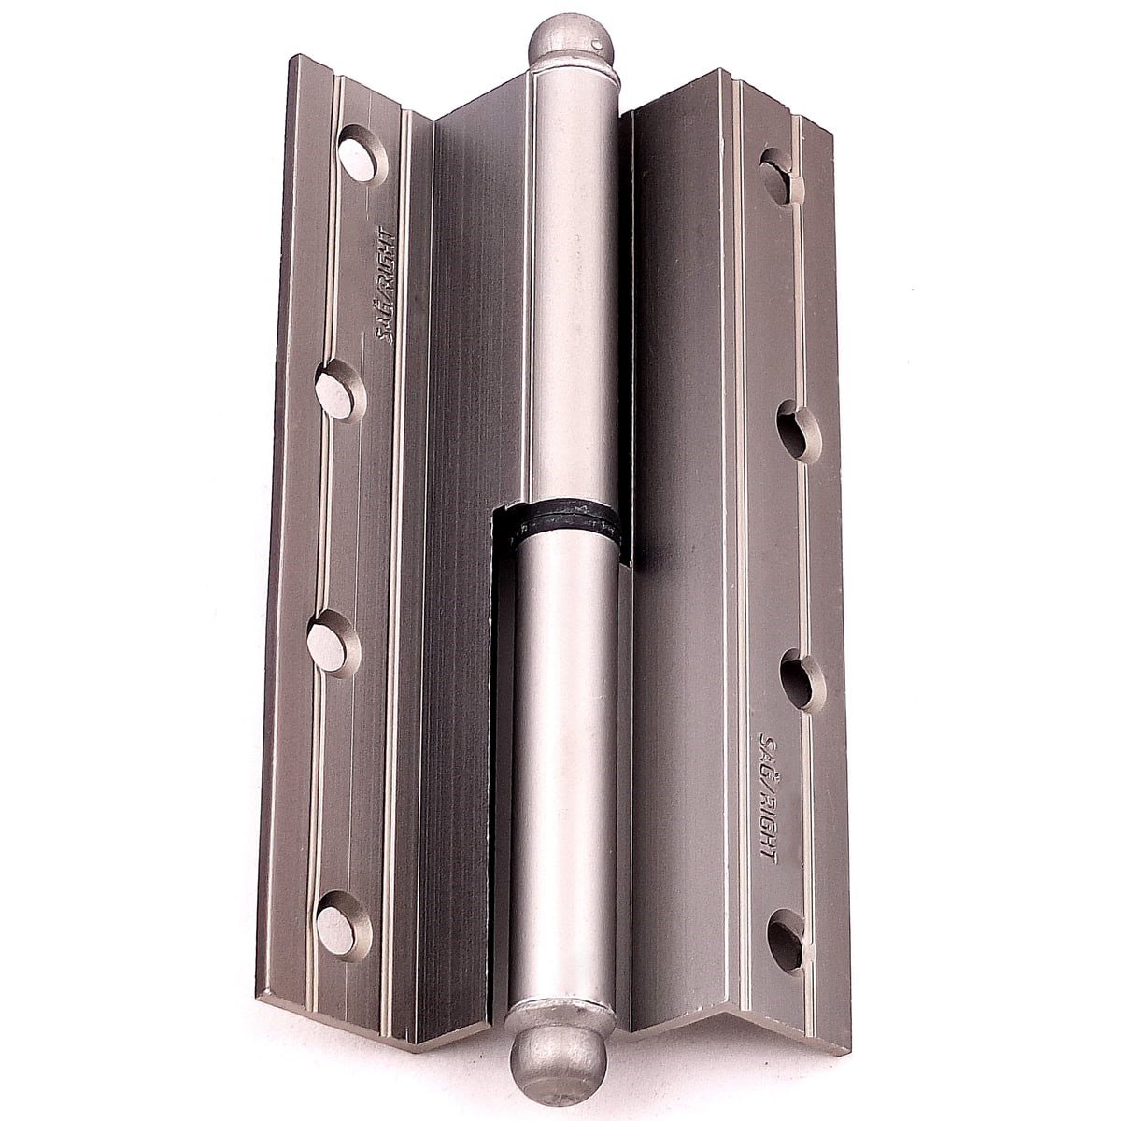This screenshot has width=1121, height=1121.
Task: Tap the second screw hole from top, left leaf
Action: point(340,390)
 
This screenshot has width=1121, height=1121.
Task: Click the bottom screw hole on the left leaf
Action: point(343,929)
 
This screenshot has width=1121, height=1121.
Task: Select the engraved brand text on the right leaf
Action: point(769,794)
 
